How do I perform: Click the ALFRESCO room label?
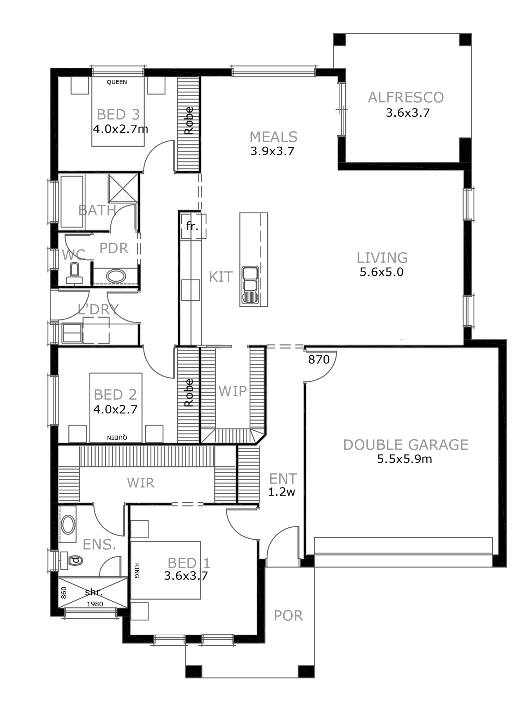[x=406, y=98]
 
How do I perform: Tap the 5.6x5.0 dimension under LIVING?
[x=382, y=272]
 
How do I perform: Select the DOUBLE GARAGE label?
[x=406, y=445]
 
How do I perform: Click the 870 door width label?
[x=319, y=360]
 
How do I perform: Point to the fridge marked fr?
[x=192, y=226]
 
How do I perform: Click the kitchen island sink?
[x=250, y=285]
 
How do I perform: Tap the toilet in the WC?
[x=74, y=274]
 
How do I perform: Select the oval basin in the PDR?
[x=116, y=276]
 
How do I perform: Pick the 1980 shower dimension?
[x=95, y=604]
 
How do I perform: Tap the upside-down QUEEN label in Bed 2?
[x=117, y=437]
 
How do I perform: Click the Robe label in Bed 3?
[x=189, y=121]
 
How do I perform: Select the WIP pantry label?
[x=232, y=391]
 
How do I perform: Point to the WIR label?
[x=141, y=483]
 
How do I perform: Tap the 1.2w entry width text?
[x=281, y=492]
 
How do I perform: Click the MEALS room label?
[x=274, y=137]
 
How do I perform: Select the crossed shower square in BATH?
[x=123, y=189]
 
